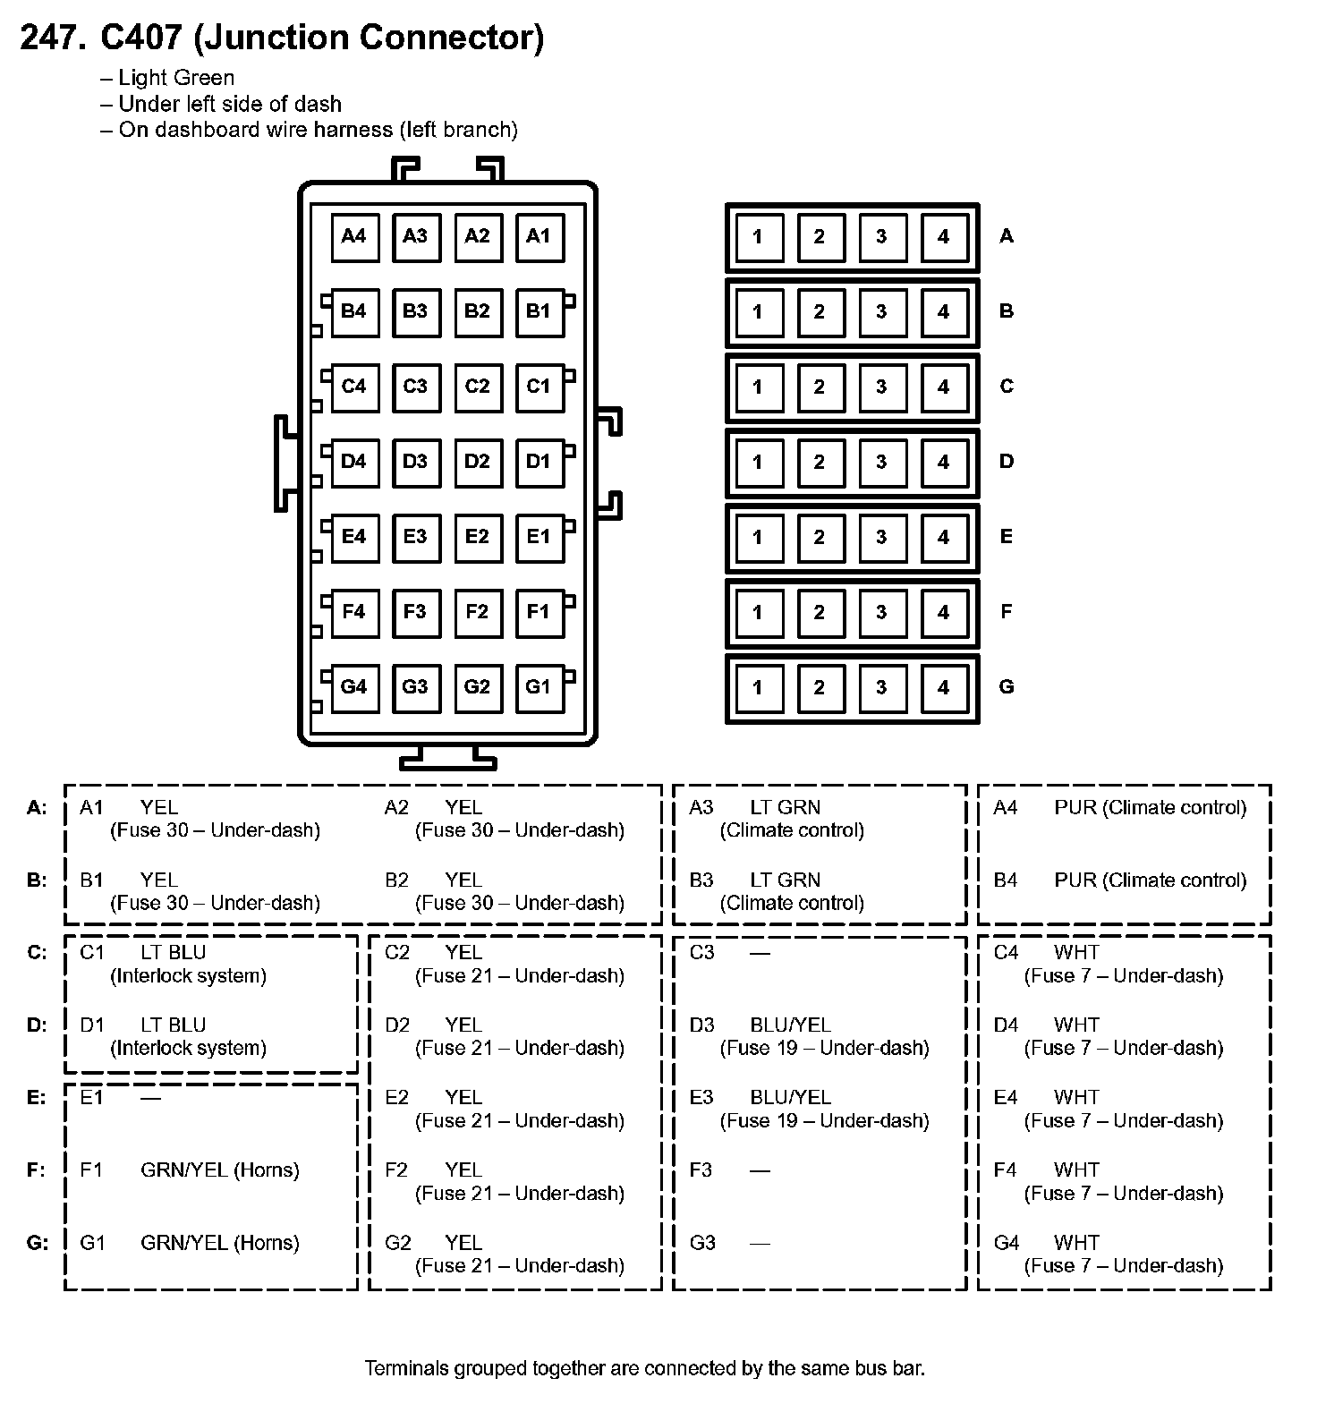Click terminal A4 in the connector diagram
point(354,236)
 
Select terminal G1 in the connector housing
point(539,687)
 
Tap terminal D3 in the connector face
point(415,462)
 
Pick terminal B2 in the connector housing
point(477,311)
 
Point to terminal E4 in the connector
point(354,537)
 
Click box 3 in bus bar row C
point(881,387)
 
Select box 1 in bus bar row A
point(758,237)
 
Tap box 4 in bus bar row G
point(943,688)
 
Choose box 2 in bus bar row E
point(820,538)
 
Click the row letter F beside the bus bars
point(1007,612)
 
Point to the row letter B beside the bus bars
point(1007,311)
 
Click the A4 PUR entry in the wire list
point(1119,808)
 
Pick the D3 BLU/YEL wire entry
point(809,1036)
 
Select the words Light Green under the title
point(176,78)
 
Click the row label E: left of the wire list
point(37,1098)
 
